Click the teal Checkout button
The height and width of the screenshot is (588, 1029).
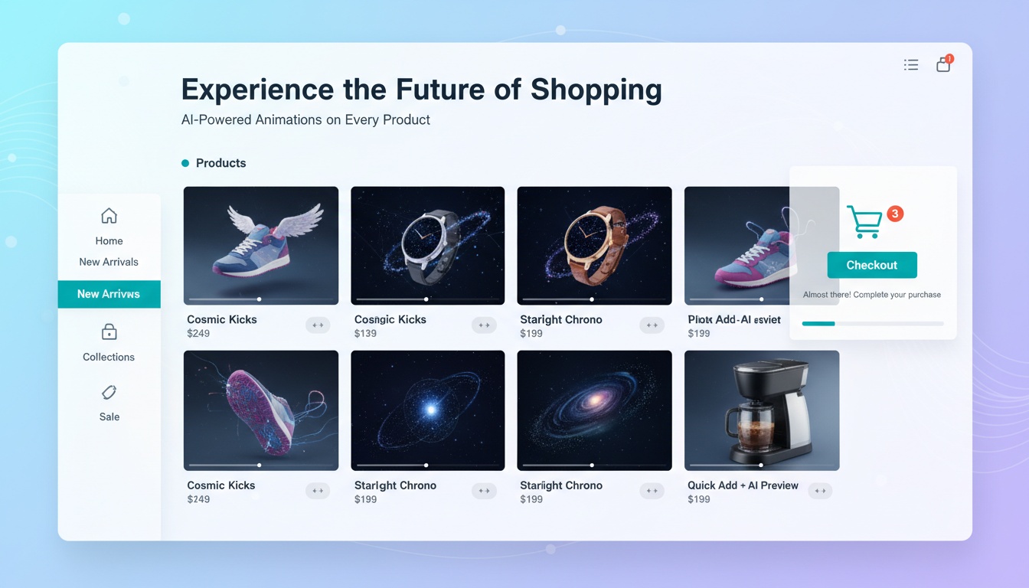point(871,265)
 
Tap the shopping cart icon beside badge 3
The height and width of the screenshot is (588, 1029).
point(864,221)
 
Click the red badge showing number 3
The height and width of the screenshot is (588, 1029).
point(894,214)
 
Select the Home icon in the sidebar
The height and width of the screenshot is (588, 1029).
point(109,216)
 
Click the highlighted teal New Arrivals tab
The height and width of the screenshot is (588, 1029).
point(109,294)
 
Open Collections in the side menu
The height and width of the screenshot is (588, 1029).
point(109,357)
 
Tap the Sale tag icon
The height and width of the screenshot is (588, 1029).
point(109,393)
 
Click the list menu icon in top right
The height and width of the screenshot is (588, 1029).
point(910,65)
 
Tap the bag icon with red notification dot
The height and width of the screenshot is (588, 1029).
point(943,65)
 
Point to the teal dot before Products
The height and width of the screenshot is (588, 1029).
point(185,163)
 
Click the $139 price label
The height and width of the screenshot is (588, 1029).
point(365,334)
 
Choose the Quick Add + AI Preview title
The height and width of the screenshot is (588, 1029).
point(742,485)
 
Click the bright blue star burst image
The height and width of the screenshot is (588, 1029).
point(430,410)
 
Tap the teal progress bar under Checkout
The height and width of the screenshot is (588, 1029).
point(818,324)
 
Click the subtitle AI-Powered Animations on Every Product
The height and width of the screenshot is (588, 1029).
point(305,119)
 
